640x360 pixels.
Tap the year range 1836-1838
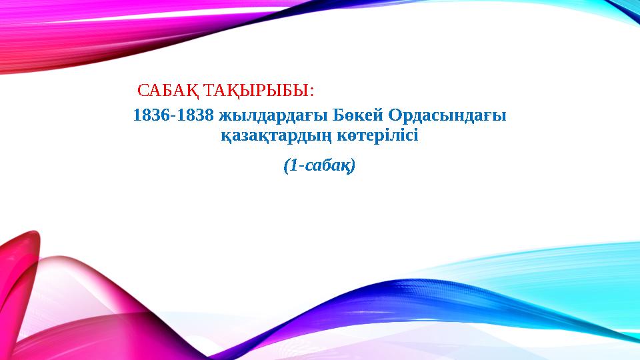click(x=174, y=115)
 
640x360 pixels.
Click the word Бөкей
click(x=353, y=115)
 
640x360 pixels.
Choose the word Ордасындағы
click(x=447, y=115)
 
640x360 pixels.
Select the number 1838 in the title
click(x=195, y=115)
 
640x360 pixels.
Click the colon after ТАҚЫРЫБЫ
click(x=312, y=90)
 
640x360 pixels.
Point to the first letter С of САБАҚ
click(x=141, y=89)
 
